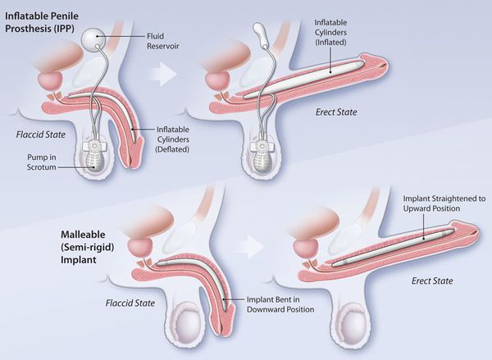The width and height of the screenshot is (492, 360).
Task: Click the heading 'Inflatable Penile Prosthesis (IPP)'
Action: [42, 22]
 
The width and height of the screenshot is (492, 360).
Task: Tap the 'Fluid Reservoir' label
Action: [163, 41]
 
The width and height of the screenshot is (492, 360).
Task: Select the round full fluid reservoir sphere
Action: [93, 38]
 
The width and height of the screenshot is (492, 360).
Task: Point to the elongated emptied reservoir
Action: [262, 33]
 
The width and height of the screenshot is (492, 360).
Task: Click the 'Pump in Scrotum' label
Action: [42, 162]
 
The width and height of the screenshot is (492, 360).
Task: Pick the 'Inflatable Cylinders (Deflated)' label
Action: [172, 139]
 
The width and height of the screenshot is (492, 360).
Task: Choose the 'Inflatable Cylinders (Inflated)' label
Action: [330, 32]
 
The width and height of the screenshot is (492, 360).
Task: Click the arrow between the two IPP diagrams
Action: [162, 74]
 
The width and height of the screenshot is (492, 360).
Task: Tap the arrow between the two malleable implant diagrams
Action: [250, 247]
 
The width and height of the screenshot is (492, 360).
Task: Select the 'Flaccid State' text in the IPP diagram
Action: [41, 134]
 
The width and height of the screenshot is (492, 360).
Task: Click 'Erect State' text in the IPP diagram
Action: [336, 112]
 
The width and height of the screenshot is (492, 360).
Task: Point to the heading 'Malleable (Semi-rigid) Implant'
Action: [87, 248]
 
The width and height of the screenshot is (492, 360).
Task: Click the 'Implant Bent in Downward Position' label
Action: [280, 304]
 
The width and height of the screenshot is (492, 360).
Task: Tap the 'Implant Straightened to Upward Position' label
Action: [444, 203]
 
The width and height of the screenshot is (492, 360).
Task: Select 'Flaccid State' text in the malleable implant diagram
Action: [130, 303]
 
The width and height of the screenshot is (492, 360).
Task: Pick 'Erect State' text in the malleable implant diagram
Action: [432, 280]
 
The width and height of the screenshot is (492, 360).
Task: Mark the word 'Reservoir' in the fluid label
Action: [163, 46]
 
